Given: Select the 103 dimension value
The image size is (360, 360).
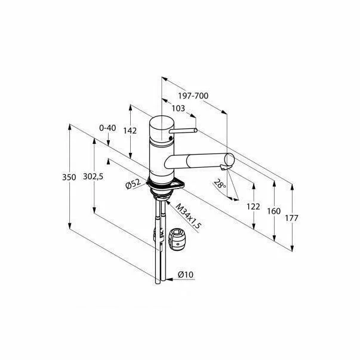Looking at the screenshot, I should pos(178,108).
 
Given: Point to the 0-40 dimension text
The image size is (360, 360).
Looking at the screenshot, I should pos(108,128).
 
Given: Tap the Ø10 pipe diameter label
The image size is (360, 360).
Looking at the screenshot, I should pos(186,275).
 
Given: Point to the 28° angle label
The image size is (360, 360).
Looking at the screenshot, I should pos(221,184).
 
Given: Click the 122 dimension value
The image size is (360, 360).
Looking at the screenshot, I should pos(253,207).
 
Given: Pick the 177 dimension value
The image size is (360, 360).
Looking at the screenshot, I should pos(293,218).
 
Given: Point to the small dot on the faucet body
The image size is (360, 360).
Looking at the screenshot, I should pos(171,139).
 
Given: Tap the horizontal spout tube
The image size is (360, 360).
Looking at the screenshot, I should pos(197,160).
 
